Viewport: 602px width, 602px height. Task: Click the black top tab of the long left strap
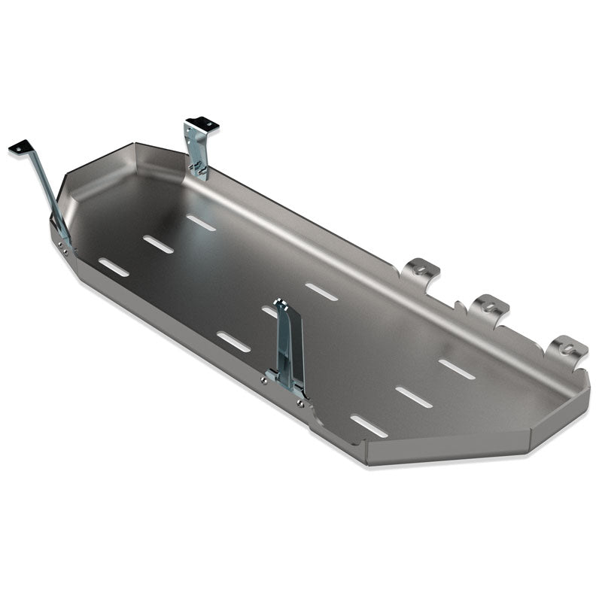coord(20,147)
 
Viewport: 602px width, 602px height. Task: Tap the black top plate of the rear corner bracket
coord(202,123)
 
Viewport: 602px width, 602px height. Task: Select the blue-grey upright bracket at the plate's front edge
coord(290,346)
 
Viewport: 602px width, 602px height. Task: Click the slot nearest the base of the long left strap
coord(114,267)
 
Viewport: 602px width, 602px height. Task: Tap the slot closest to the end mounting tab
coord(457,369)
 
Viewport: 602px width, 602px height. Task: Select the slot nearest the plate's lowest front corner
coord(369,426)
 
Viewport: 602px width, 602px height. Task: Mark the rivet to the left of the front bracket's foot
coord(264,379)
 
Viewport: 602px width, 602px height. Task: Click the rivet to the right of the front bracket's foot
coord(300,403)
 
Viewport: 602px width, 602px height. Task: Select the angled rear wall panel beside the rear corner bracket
coord(158,154)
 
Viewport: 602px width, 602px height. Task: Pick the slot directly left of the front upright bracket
coord(234,342)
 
